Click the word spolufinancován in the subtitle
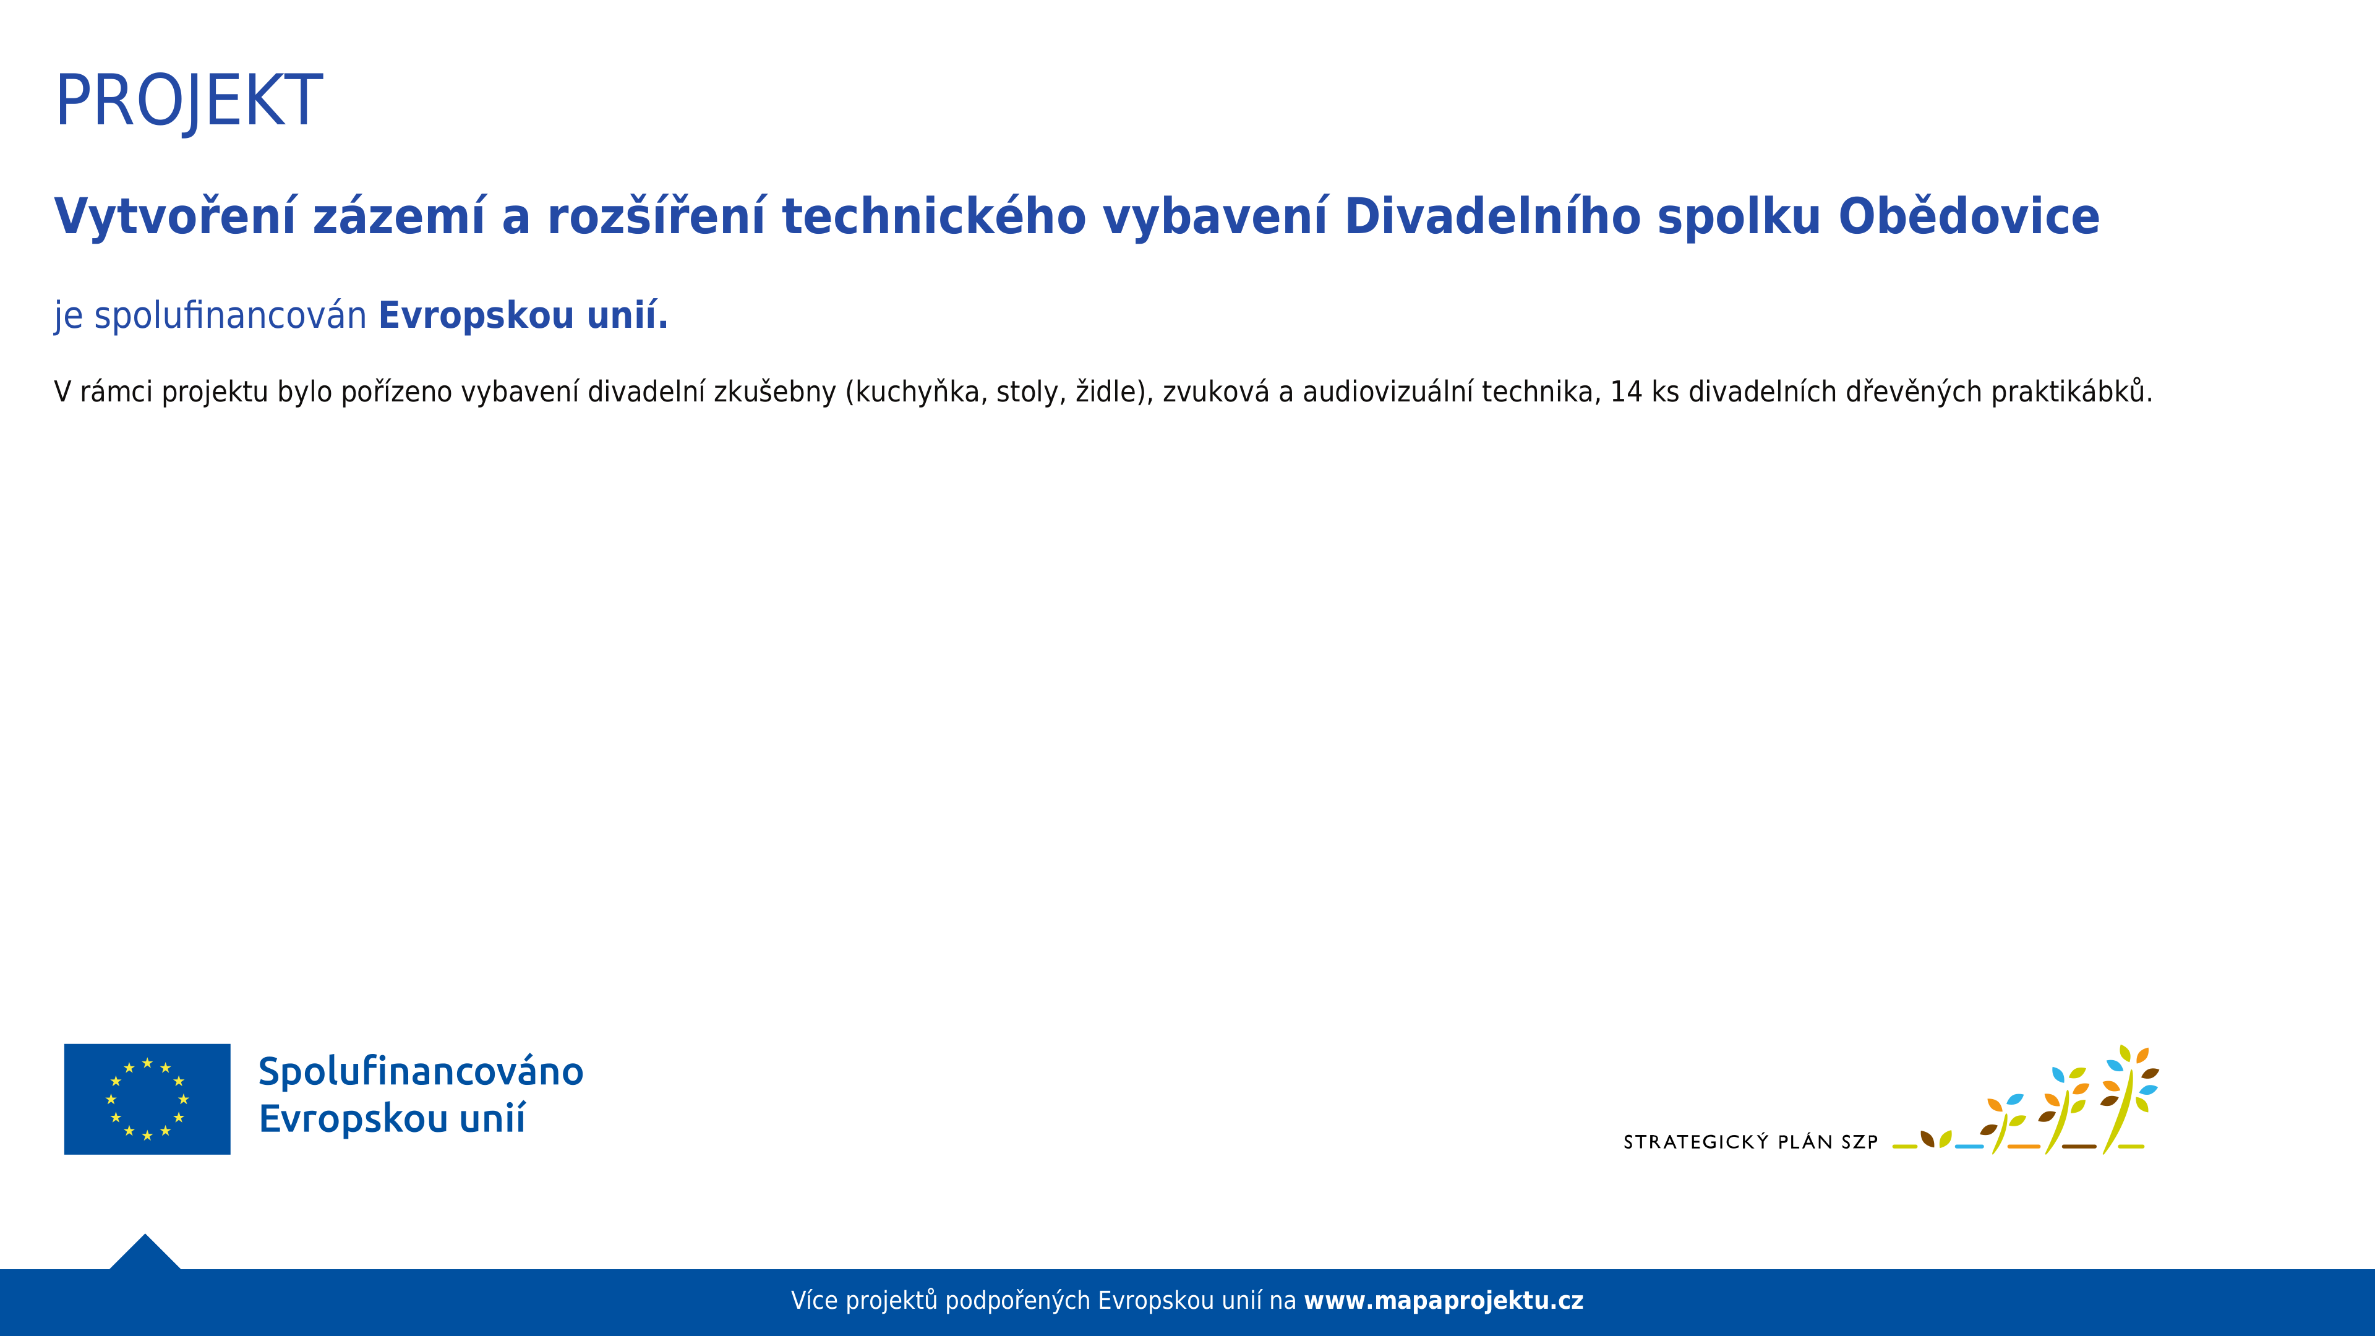click(x=231, y=315)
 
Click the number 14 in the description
click(x=1627, y=392)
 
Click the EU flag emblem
click(x=148, y=1099)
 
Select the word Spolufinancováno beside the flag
click(x=421, y=1071)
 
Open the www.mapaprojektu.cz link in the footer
click(x=1444, y=1301)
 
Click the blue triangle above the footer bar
click(x=145, y=1252)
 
